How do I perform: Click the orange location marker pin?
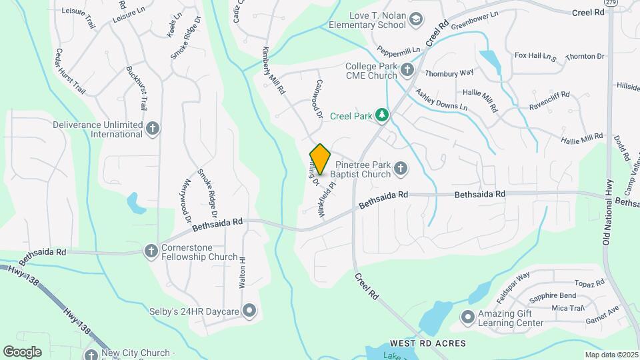(x=320, y=159)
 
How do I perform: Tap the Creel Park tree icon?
(x=381, y=116)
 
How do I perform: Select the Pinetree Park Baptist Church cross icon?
(x=401, y=169)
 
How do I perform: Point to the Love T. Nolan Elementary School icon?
(x=416, y=20)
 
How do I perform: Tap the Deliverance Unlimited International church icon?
(x=153, y=129)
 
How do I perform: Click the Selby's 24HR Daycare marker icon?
(x=249, y=310)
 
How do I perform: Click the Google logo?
(x=22, y=352)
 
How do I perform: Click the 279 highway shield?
(x=611, y=3)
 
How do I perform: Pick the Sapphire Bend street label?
(x=553, y=296)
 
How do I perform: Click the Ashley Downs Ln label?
(x=441, y=99)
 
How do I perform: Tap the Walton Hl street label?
(x=243, y=272)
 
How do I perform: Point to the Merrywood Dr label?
(x=186, y=201)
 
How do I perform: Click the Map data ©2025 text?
(x=611, y=355)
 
